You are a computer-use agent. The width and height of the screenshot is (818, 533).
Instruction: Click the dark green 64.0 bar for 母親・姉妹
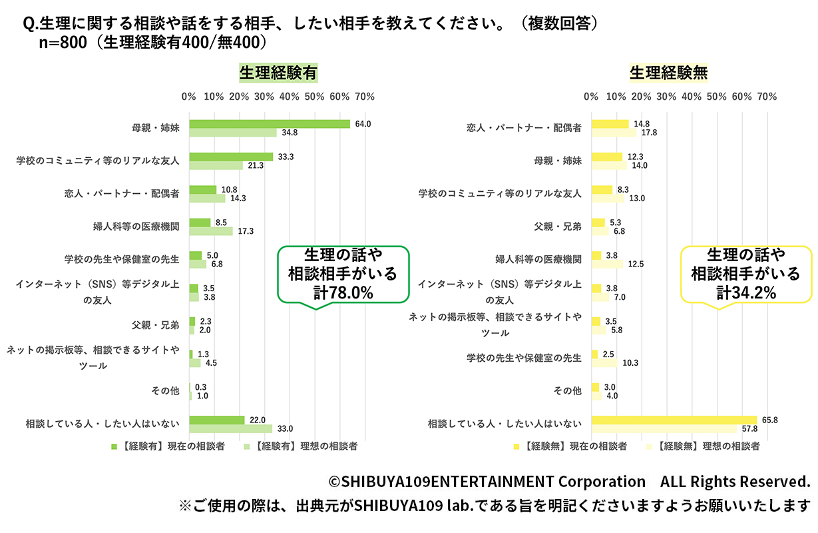[270, 124]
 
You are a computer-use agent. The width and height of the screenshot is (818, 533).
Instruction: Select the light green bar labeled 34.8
[233, 133]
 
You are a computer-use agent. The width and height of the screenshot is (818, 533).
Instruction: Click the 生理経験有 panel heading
[278, 73]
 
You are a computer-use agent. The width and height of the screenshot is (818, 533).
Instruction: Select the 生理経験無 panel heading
[668, 73]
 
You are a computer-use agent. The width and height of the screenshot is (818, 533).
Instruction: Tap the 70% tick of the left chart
[365, 97]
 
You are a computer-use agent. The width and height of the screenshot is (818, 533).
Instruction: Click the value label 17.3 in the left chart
[246, 231]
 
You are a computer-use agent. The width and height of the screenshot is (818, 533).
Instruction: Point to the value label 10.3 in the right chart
[630, 363]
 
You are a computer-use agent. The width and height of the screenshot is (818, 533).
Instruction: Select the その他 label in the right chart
[568, 390]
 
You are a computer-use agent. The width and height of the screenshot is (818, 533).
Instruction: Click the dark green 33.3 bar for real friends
[231, 157]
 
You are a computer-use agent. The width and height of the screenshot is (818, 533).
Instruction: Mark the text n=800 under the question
[65, 42]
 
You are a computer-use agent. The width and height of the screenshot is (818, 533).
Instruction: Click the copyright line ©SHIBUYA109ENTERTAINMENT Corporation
[487, 481]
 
